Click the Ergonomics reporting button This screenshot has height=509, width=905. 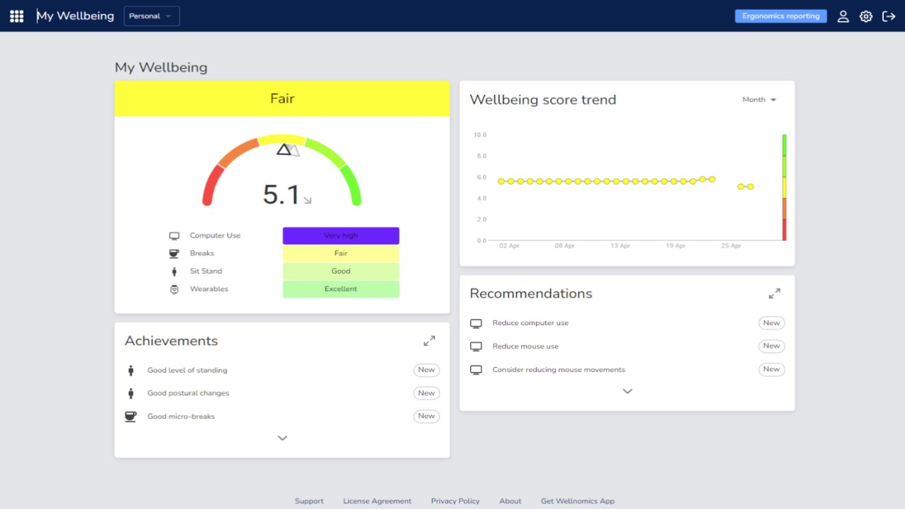point(781,16)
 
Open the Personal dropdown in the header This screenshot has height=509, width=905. point(151,16)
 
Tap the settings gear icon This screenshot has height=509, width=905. point(865,16)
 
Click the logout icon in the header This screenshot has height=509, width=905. point(889,16)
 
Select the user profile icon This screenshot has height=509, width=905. point(843,16)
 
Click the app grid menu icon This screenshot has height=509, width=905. point(17,16)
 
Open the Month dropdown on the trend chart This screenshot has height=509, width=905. point(759,100)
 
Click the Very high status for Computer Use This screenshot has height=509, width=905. point(341,235)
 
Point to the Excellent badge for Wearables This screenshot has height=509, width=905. point(341,289)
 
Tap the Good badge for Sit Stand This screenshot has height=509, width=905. point(341,271)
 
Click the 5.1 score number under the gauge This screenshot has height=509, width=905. point(281,195)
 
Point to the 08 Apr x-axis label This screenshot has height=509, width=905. point(564,246)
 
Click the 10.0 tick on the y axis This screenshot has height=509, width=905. point(480,135)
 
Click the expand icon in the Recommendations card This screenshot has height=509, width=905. point(774,293)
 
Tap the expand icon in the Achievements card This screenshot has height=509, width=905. point(429,341)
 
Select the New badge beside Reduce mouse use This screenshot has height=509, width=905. point(771,346)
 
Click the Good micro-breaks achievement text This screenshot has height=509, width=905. point(181,416)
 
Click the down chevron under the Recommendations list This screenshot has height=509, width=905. point(627,391)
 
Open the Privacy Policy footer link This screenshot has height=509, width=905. point(455,501)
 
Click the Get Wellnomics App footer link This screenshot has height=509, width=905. point(578,501)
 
